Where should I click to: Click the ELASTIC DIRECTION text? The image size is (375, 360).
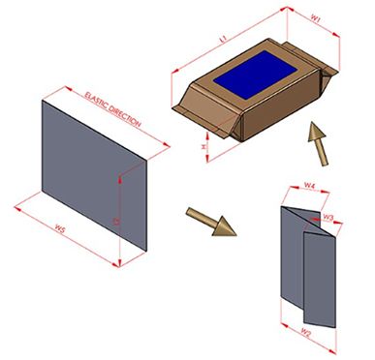click(x=113, y=108)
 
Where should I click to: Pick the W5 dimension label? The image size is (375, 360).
click(x=61, y=229)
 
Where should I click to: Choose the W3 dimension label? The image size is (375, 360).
click(x=328, y=218)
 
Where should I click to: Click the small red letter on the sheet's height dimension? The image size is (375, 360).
click(x=116, y=221)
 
